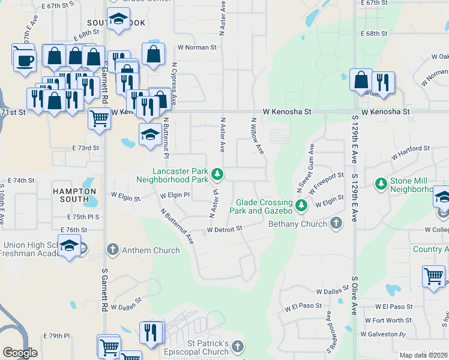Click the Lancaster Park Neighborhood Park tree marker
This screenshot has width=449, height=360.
218,175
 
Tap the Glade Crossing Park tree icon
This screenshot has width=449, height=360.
302,206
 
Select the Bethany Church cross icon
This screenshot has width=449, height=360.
336,224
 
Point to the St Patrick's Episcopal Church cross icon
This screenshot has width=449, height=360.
238,347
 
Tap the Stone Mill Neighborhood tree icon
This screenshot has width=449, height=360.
381,183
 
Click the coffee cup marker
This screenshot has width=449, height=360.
25,61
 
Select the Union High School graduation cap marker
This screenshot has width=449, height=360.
70,245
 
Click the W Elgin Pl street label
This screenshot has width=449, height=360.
175,195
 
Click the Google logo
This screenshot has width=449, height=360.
20,353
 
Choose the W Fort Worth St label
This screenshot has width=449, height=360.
388,320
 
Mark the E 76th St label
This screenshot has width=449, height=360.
74,230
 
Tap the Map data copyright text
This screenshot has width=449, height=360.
423,355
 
